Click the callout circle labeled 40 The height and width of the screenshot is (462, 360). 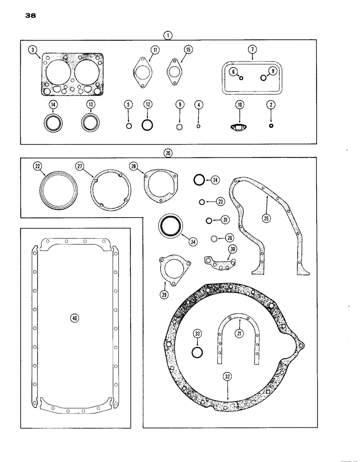pos(74,317)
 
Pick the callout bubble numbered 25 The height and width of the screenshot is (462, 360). pos(266,217)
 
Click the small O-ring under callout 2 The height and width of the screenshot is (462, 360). pos(271,126)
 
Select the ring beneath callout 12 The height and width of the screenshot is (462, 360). pos(147,125)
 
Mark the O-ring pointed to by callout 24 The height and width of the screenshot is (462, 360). pos(199,180)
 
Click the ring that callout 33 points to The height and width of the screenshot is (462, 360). pos(197,353)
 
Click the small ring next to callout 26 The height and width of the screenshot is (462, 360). pos(214,238)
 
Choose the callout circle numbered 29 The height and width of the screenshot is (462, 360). pos(165,294)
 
